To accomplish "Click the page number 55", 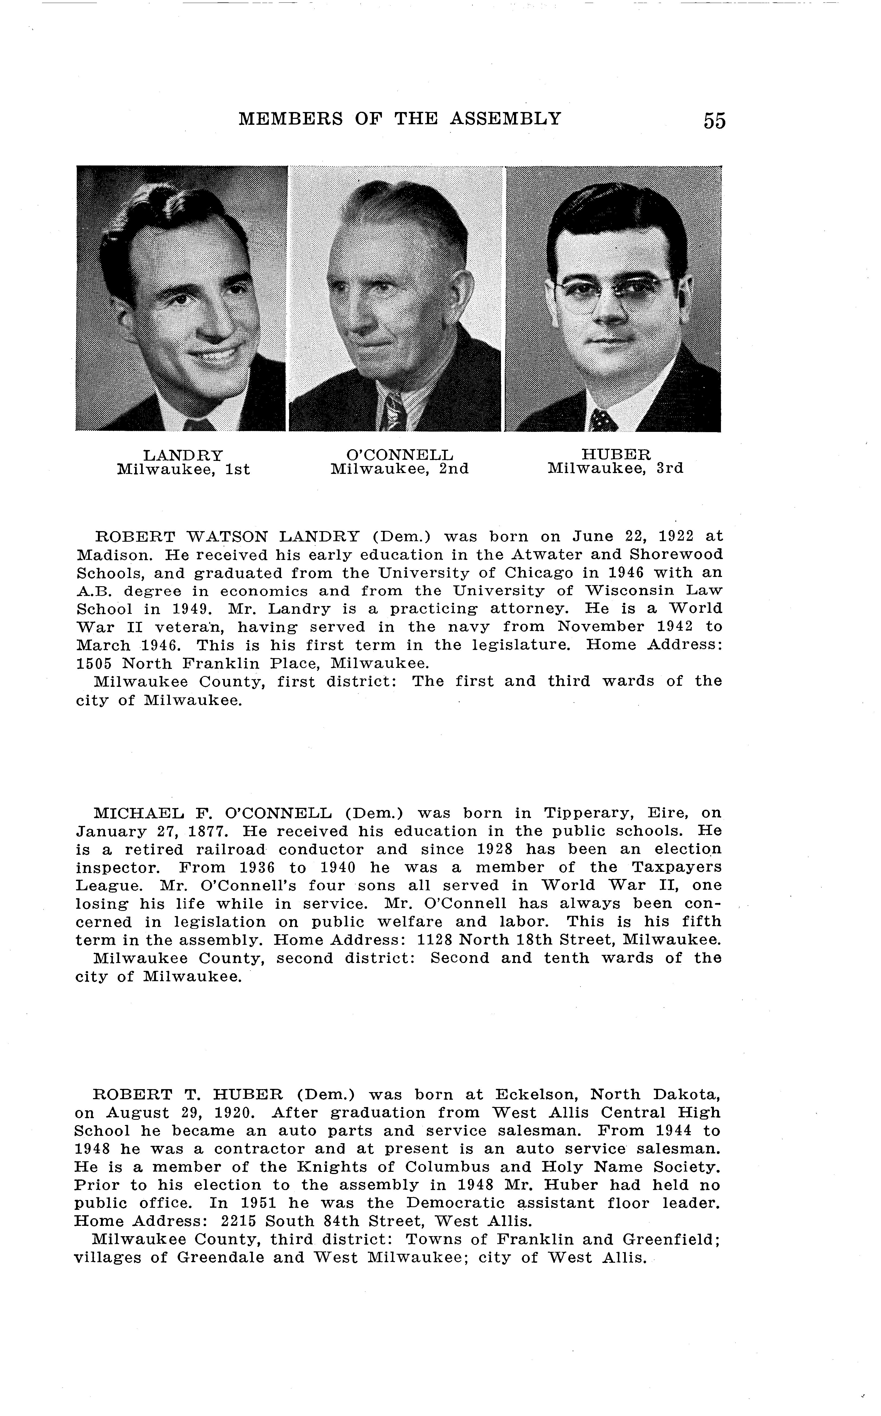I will click(x=714, y=120).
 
